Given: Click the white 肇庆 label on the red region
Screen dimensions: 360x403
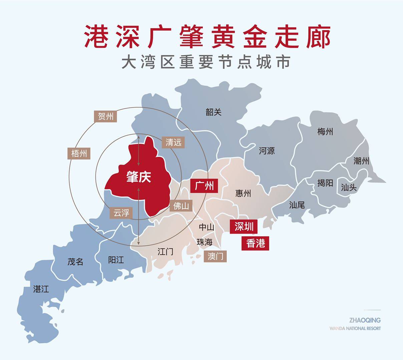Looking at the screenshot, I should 138,177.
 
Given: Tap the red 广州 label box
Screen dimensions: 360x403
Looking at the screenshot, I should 204,185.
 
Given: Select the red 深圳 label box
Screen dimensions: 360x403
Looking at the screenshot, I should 244,227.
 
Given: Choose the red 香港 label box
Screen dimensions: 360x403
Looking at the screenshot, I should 256,243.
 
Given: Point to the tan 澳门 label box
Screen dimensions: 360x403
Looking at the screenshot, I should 216,256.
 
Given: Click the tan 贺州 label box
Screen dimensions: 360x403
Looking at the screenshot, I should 105,116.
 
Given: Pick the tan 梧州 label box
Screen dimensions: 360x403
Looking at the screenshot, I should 79,153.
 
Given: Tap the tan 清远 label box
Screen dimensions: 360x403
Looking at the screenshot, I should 173,142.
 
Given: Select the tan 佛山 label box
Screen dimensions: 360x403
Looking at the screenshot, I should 181,206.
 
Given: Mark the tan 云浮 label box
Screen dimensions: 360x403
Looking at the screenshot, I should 121,213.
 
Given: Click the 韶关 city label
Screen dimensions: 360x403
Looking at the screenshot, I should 214,112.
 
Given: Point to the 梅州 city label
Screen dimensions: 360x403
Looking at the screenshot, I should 325,132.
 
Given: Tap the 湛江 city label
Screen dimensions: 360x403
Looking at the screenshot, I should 41,289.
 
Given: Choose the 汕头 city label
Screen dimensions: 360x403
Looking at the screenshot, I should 349,188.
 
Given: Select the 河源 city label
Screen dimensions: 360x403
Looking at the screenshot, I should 267,151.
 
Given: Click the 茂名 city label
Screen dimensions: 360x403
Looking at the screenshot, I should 75,262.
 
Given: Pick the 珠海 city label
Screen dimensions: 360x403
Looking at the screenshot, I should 205,242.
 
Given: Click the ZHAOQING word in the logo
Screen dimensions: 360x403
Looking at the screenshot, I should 365,320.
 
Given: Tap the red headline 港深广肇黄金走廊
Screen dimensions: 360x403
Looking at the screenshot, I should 207,36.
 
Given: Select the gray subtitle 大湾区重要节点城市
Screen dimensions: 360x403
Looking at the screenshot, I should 206,62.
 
